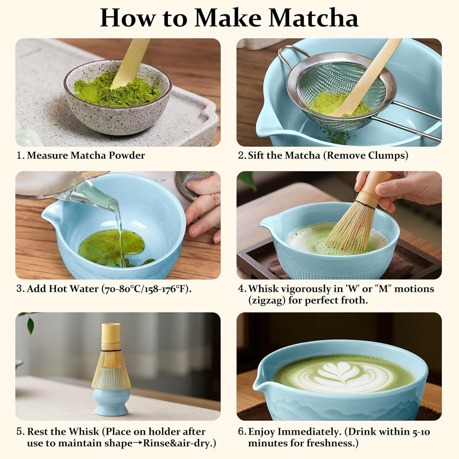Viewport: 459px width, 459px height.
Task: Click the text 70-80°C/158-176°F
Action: coord(146,289)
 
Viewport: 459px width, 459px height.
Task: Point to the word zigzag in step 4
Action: coord(267,300)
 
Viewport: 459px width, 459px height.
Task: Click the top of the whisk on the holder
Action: coord(111,326)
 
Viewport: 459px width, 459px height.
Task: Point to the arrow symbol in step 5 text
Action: coord(138,443)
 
